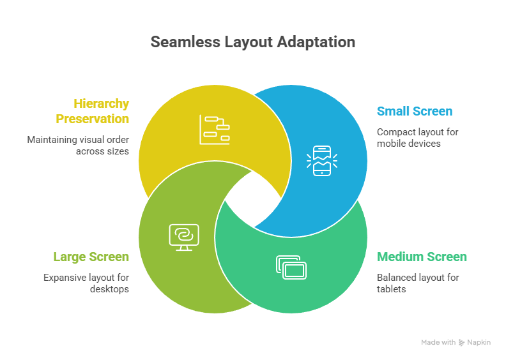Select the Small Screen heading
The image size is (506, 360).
(414, 111)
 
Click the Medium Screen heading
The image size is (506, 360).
(422, 257)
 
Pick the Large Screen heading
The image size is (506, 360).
(91, 257)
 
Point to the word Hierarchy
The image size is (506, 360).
(101, 103)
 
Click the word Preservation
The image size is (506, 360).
(92, 119)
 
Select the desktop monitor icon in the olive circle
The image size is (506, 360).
(184, 236)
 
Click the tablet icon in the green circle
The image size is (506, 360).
(291, 267)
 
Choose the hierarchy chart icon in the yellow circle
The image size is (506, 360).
(214, 129)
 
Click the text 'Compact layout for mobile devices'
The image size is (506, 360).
(417, 137)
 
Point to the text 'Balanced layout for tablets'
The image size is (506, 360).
(417, 283)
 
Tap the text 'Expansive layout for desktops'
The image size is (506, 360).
(86, 283)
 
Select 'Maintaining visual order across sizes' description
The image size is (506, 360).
(78, 145)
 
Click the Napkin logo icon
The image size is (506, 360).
(461, 343)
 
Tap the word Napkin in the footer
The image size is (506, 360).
(479, 343)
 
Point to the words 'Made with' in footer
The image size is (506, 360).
(438, 343)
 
